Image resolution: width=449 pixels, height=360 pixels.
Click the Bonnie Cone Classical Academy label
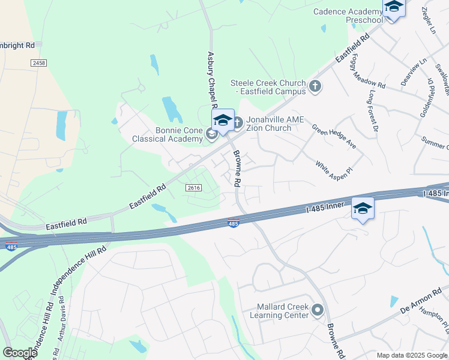click(167, 134)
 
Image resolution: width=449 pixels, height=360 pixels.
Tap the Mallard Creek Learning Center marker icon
click(317, 310)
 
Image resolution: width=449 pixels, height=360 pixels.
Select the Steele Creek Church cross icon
click(314, 87)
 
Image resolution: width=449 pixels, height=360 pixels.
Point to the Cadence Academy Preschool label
click(348, 16)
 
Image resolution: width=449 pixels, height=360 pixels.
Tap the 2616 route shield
click(193, 188)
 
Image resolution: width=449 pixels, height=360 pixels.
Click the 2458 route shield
click(38, 62)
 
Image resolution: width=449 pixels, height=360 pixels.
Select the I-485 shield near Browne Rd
click(234, 223)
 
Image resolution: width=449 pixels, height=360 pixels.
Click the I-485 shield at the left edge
click(10, 246)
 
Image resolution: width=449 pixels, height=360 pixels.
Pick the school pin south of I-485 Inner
click(363, 209)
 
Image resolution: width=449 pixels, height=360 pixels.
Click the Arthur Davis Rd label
click(62, 325)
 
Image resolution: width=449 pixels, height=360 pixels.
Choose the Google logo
click(20, 353)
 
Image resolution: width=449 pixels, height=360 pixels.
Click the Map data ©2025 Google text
click(411, 355)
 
